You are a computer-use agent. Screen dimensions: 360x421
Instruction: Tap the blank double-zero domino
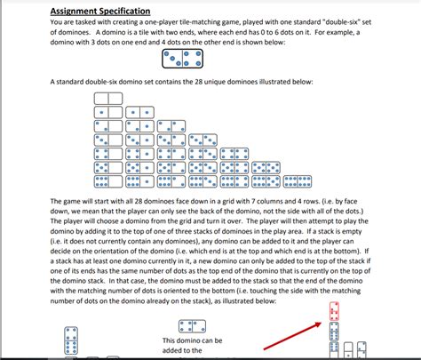click(x=107, y=98)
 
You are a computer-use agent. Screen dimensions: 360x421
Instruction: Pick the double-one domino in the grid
click(x=139, y=112)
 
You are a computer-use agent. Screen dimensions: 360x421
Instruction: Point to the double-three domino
click(x=203, y=140)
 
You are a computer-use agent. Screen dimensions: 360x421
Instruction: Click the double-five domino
click(x=267, y=166)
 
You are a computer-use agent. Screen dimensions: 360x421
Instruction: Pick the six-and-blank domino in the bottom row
click(x=107, y=180)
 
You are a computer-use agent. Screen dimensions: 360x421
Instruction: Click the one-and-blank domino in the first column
click(x=107, y=112)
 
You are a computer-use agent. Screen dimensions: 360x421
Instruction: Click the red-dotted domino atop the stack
click(x=335, y=312)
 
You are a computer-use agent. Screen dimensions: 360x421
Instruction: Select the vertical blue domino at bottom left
click(x=70, y=342)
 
